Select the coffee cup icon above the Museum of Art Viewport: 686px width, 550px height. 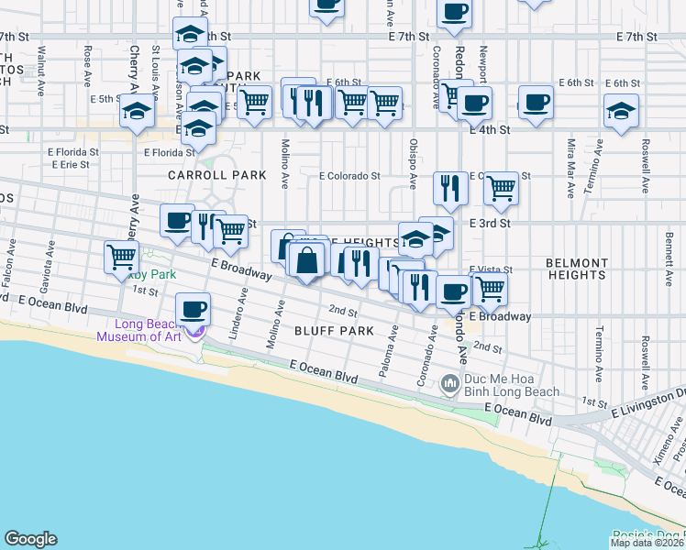click(x=192, y=309)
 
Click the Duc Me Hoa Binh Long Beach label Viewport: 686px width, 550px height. click(x=512, y=385)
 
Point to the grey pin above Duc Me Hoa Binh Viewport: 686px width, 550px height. click(x=449, y=382)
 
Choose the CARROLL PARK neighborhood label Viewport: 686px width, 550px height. click(x=216, y=175)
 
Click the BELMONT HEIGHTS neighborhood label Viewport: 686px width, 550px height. click(x=577, y=269)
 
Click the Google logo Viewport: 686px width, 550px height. click(x=30, y=539)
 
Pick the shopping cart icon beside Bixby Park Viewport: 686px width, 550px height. click(x=121, y=256)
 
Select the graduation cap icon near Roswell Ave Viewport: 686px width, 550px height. click(x=621, y=111)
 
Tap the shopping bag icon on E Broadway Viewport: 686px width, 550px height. click(x=309, y=260)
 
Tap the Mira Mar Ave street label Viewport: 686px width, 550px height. click(x=570, y=168)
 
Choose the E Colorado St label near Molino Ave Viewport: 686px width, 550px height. click(x=349, y=176)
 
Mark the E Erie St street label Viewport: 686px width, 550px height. click(x=70, y=165)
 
